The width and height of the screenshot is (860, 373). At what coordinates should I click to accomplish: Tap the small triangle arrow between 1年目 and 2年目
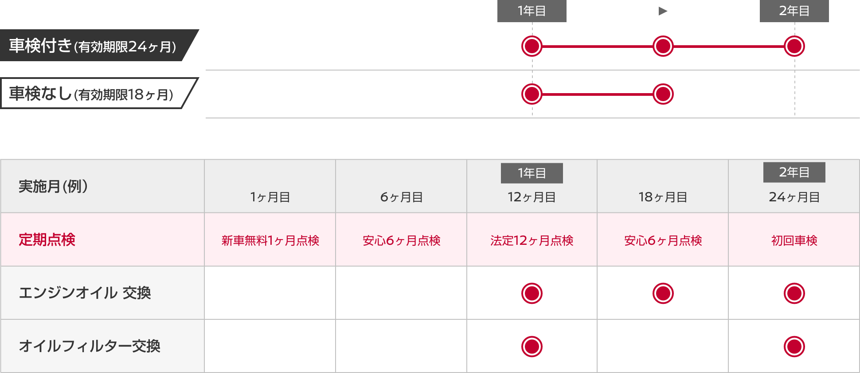[x=663, y=11]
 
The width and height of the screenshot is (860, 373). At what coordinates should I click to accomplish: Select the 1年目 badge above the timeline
[x=532, y=11]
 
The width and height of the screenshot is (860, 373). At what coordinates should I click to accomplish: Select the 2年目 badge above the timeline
[x=794, y=11]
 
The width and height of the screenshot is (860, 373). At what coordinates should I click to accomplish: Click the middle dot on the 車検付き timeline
[x=663, y=46]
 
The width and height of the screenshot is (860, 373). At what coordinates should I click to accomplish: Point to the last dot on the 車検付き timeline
[x=794, y=46]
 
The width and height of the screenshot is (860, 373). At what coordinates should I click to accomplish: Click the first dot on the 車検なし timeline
[x=532, y=94]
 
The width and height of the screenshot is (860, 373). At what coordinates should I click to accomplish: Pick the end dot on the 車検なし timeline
[x=663, y=94]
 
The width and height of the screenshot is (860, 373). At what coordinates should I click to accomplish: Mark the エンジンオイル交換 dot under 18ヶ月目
[x=663, y=293]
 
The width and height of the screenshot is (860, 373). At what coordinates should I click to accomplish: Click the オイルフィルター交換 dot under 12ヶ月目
[x=532, y=346]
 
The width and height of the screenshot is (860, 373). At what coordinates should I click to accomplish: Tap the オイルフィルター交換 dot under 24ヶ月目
[x=794, y=346]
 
